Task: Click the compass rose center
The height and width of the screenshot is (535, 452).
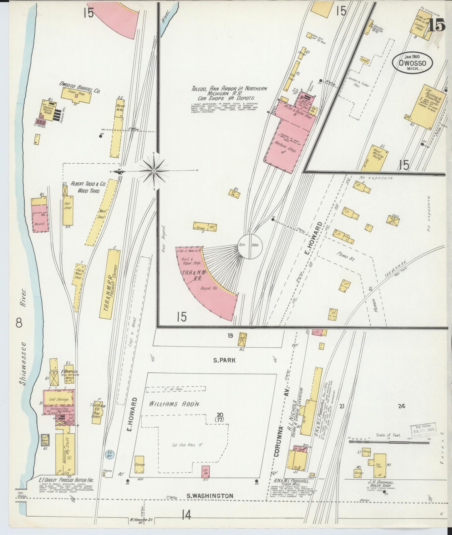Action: [154, 171]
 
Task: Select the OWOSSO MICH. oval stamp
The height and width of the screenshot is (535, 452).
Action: [413, 63]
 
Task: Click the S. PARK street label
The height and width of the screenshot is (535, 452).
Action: [224, 360]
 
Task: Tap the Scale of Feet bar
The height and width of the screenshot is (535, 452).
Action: [389, 442]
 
